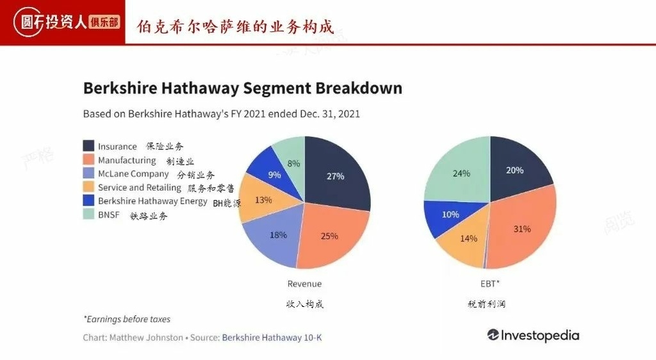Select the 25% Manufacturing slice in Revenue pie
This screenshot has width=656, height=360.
click(329, 236)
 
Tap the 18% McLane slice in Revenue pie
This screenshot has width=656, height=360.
click(277, 235)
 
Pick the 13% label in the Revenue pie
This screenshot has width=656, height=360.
click(263, 200)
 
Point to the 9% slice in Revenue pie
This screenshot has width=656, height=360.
click(274, 174)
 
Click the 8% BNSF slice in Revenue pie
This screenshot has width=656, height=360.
click(293, 163)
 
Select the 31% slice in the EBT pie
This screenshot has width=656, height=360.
click(522, 229)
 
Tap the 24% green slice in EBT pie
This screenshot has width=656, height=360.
click(461, 173)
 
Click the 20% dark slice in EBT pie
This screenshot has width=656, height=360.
click(514, 170)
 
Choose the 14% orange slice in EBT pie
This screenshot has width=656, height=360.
click(468, 238)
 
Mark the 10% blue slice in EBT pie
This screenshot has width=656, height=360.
click(450, 214)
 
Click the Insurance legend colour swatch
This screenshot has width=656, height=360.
click(88, 146)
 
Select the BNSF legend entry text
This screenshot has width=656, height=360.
click(109, 215)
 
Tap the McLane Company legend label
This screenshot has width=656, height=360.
click(133, 174)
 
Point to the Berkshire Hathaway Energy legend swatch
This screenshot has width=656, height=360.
click(88, 201)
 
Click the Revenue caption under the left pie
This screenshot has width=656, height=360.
click(304, 284)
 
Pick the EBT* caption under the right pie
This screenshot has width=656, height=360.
click(489, 284)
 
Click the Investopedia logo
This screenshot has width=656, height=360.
click(533, 335)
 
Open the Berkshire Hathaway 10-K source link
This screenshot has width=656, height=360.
click(272, 337)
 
